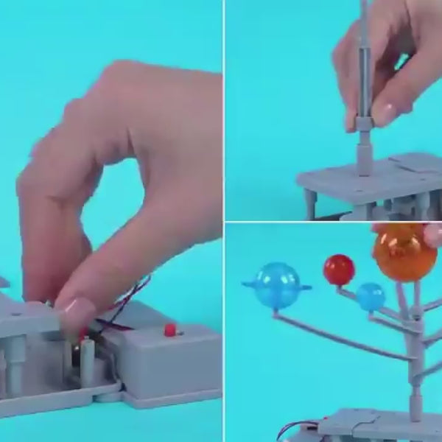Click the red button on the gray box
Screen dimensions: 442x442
point(170,329)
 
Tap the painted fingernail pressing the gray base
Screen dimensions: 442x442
point(77,312)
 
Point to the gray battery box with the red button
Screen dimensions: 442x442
point(173,361)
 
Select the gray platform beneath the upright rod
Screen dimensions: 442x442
point(368,180)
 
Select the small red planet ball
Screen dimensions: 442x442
point(339,270)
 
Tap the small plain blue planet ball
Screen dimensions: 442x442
point(371,297)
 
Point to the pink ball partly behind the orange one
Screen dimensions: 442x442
point(433,234)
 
